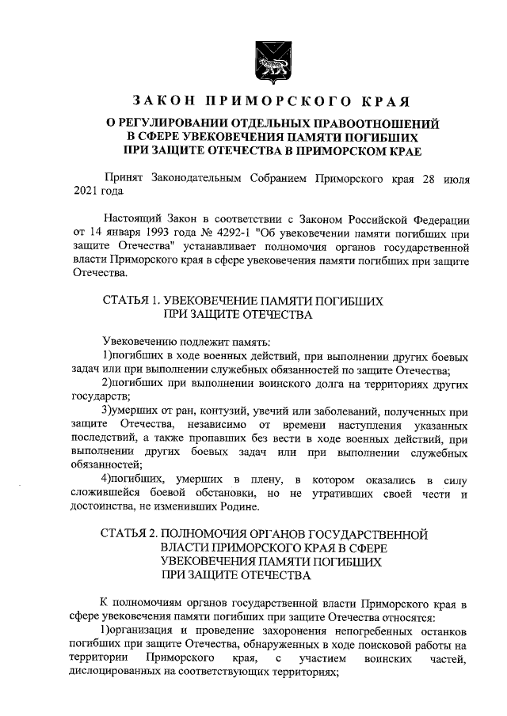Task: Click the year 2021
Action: [86, 191]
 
